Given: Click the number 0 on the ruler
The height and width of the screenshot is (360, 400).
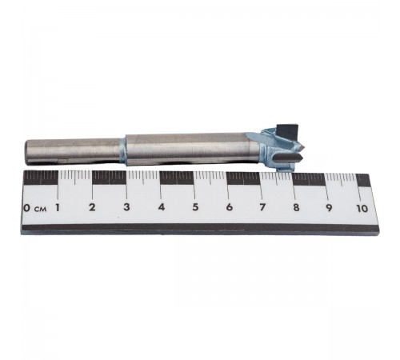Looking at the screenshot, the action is [26, 208].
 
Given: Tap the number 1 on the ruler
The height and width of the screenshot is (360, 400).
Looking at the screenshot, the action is [58, 208].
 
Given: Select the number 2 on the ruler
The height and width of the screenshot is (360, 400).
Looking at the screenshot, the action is [92, 207].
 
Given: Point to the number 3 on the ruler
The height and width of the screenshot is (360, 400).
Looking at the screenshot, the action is [126, 207].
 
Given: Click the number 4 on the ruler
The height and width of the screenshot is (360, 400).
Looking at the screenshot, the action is [161, 207].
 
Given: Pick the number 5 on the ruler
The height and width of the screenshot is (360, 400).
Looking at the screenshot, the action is [195, 207].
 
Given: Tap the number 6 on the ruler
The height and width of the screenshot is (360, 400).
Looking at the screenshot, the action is [229, 207].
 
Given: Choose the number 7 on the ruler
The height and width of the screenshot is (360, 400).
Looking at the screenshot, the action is [262, 207].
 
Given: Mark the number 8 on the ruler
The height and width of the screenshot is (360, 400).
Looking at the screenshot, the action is [296, 208].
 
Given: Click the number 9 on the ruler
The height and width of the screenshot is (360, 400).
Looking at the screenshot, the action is [329, 208].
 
